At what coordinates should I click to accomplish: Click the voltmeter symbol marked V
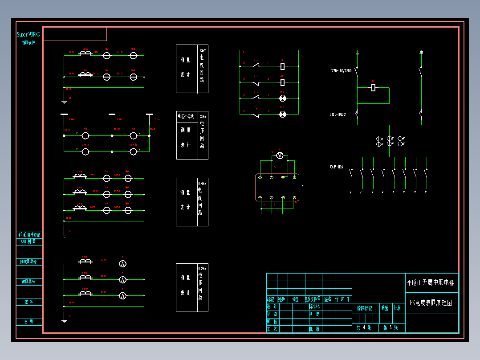pos(280,155)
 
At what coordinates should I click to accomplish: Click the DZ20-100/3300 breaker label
pos(341,71)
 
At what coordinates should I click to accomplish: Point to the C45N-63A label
pos(337,167)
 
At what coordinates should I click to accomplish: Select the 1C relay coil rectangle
pos(282,66)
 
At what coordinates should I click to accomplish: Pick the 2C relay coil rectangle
pos(282,82)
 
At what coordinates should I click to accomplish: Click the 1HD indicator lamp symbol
pos(282,98)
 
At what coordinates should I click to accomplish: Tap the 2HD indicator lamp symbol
pos(282,115)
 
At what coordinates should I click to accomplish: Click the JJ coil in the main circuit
pos(374,88)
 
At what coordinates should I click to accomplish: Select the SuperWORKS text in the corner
pos(28,35)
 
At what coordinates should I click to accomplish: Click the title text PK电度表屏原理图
pos(431,303)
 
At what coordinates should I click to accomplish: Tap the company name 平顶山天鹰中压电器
pos(431,282)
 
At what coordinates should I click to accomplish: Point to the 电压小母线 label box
pos(186,116)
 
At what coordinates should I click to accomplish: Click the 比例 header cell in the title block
pos(398,308)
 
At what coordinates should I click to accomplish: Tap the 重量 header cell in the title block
pos(385,308)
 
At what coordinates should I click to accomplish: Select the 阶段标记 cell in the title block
pos(365,308)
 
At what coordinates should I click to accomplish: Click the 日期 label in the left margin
pos(28,322)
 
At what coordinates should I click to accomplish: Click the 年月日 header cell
pos(343,299)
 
